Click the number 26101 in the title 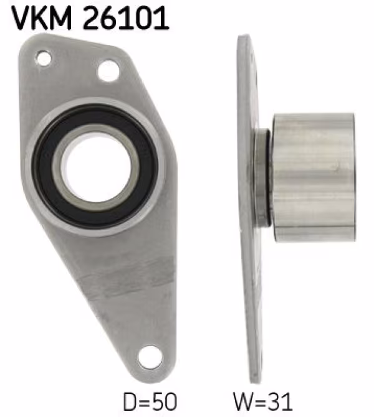[x=126, y=18]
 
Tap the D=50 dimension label [x=150, y=401]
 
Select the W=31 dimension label [x=263, y=401]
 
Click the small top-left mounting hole [x=44, y=59]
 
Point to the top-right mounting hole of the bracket [x=108, y=71]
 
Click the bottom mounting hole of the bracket [x=150, y=358]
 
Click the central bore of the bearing [x=96, y=167]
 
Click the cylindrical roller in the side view [x=314, y=177]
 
